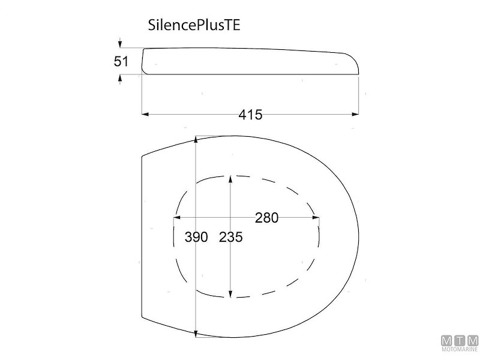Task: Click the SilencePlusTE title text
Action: coord(194,26)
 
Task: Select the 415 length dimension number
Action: coord(250,115)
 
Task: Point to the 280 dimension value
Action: coord(266,218)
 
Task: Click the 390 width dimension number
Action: coord(196,237)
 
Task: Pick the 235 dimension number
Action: coord(230,237)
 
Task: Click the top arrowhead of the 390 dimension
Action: coord(197,140)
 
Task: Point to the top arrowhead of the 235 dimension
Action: coord(231,179)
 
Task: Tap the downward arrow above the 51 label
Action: coord(121,44)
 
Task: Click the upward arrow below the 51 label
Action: coord(121,77)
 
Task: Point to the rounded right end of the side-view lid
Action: coord(355,64)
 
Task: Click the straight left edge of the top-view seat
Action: coord(141,240)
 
